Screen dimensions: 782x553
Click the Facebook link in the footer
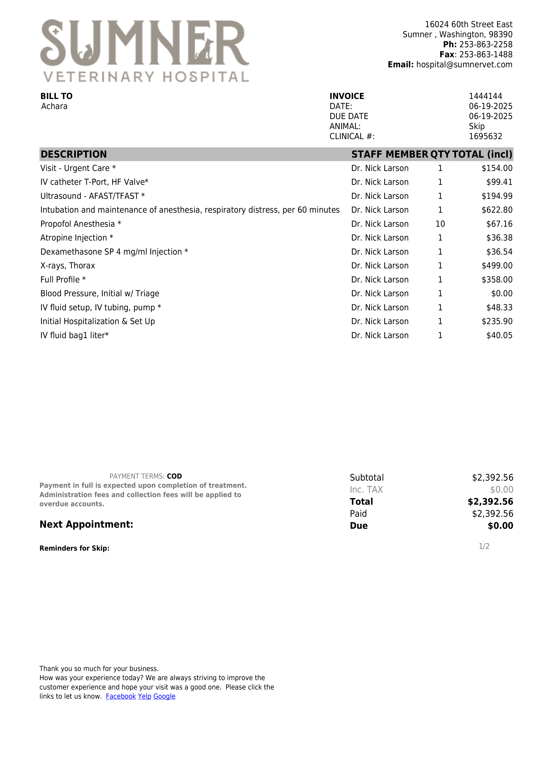point(121,697)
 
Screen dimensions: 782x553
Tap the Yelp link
point(144,697)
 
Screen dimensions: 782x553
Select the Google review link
point(164,697)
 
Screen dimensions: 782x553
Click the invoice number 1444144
point(485,96)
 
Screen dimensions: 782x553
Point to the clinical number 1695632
point(485,137)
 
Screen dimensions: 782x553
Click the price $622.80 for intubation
point(497,210)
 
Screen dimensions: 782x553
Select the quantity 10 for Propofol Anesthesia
point(440,224)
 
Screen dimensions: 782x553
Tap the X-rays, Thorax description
point(68,266)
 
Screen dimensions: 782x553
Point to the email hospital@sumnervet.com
point(464,65)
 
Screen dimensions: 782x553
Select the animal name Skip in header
point(476,126)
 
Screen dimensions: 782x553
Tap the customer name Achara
point(54,107)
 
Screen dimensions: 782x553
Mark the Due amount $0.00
point(500,526)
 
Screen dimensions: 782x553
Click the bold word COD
point(174,476)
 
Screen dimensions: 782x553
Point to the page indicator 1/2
point(484,547)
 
